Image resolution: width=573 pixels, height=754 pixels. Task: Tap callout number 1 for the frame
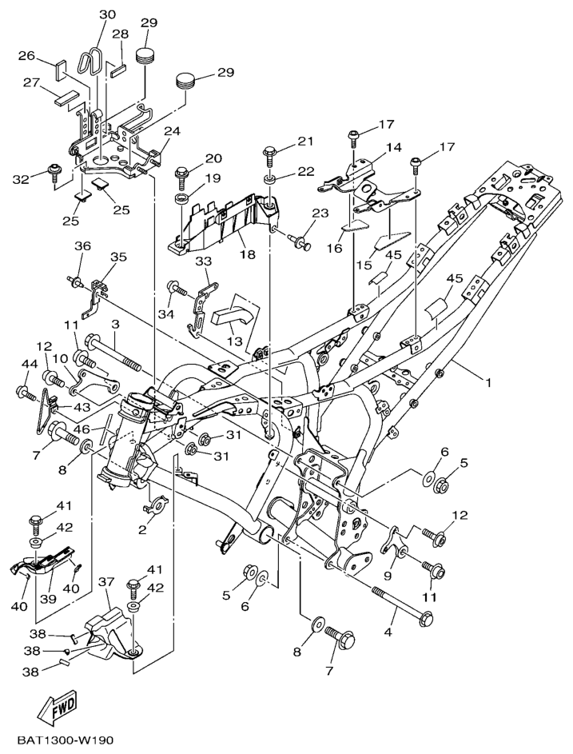point(487,382)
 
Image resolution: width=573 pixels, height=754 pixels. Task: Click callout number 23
point(320,213)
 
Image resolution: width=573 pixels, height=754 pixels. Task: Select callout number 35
point(118,257)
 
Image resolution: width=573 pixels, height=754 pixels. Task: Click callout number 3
point(115,324)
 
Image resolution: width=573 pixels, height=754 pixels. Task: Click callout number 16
point(334,249)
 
